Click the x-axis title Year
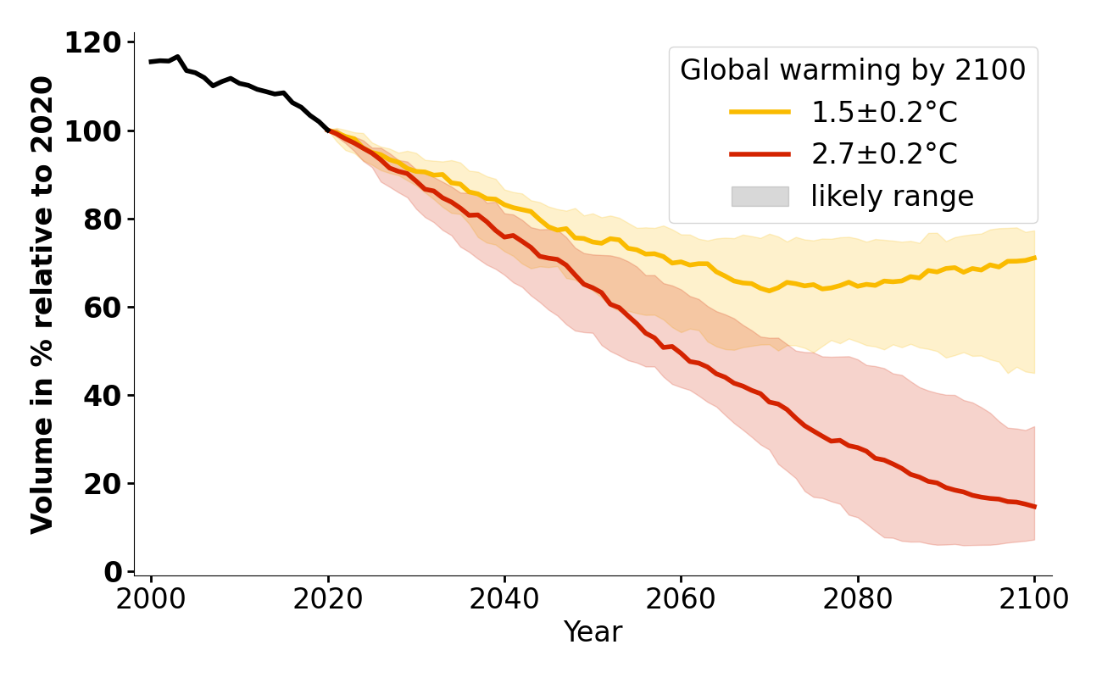pos(593,632)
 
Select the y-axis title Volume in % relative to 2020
pos(42,305)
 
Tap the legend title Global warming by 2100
pos(853,71)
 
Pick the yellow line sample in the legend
pos(760,112)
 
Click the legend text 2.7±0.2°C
pos(884,154)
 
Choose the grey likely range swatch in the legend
pos(760,197)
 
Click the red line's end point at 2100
pos(1034,507)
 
